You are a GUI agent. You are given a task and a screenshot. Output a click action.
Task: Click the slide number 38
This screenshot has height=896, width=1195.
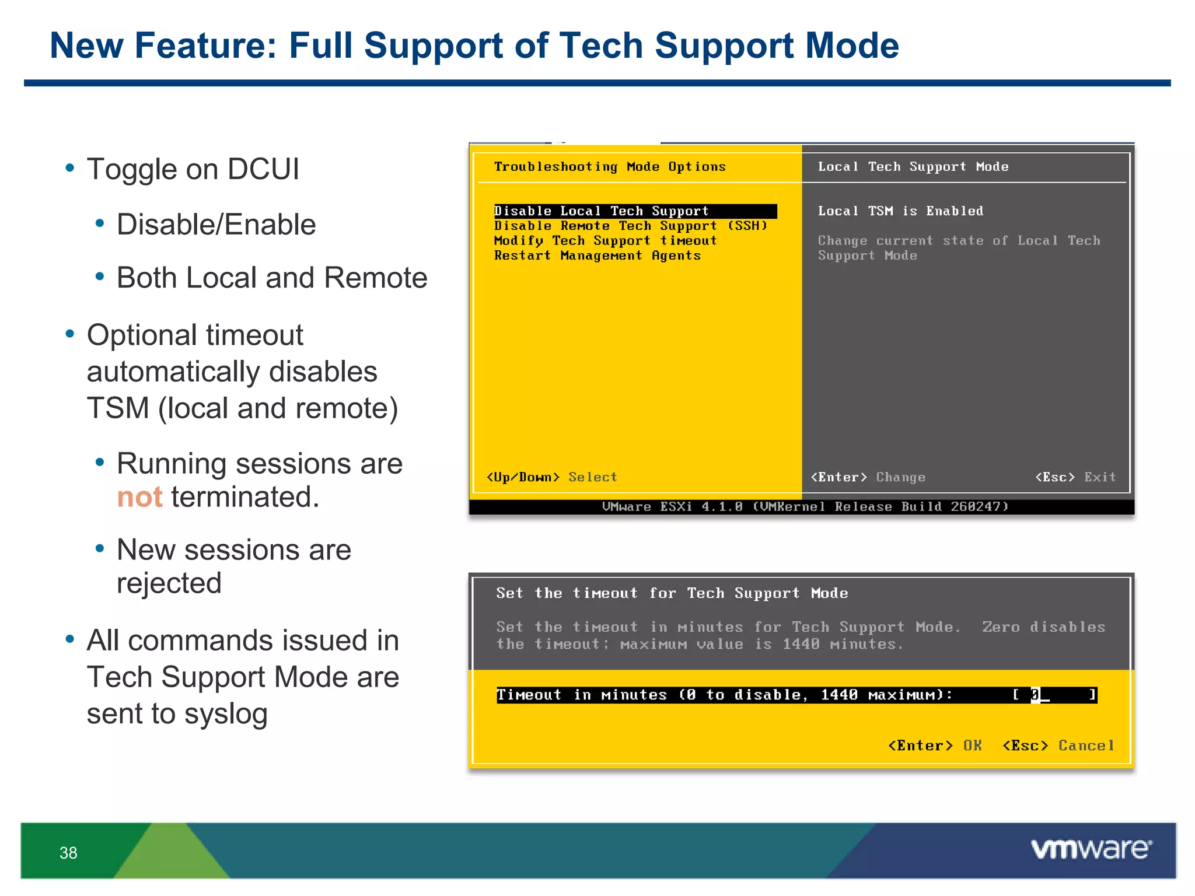point(68,853)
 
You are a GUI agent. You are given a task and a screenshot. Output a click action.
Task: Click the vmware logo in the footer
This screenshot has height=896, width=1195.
point(1091,849)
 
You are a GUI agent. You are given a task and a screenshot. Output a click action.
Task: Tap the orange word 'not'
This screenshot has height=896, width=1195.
point(139,498)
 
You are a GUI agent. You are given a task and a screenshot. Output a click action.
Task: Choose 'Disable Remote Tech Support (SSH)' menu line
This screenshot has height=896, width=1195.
point(630,226)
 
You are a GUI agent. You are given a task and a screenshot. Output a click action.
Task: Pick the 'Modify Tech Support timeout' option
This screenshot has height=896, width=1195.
point(605,241)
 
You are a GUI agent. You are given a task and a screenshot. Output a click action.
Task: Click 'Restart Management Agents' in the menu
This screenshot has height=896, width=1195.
point(597,256)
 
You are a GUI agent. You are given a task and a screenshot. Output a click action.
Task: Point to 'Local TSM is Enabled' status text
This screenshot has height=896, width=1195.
point(900,211)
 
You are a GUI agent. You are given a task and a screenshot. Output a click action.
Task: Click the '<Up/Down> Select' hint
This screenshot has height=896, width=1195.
point(551,477)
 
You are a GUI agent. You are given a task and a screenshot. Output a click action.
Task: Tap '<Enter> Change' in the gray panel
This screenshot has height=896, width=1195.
point(868,477)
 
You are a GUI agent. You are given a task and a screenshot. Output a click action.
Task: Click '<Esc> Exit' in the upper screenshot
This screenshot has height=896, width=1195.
point(1075,477)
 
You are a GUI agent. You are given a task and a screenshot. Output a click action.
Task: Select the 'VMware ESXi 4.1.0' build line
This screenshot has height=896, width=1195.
point(805,506)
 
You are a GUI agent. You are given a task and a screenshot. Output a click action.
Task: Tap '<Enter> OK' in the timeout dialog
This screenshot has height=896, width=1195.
point(934,745)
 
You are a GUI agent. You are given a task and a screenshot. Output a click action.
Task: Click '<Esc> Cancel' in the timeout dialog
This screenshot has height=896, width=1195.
point(1058,745)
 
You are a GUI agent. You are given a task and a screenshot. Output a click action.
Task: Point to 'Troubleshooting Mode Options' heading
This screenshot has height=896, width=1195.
point(610,167)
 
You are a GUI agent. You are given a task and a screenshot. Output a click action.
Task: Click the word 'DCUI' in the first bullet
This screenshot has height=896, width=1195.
point(263,170)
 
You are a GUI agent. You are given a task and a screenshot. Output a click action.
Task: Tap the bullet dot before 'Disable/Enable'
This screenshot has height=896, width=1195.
point(100,223)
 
